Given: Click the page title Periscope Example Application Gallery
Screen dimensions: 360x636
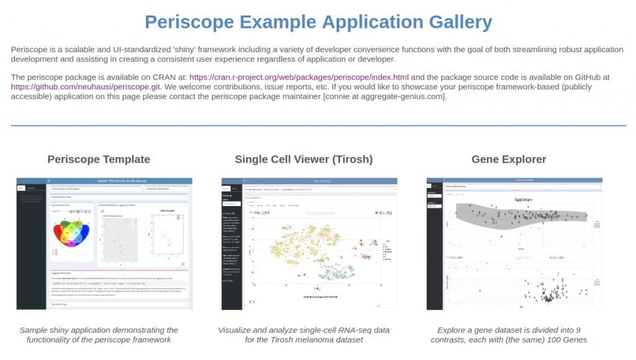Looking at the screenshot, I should tap(318, 22).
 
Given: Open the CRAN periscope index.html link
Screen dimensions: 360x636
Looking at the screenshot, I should tap(307, 77).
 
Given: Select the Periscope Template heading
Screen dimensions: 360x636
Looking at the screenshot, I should tap(99, 160).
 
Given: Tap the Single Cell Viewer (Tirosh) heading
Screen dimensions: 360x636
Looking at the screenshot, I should tap(304, 160).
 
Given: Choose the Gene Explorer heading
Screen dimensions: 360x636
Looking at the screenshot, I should tap(509, 160).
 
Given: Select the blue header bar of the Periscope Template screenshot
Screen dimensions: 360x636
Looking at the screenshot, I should tap(104, 181).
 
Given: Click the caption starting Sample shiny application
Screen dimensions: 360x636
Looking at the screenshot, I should tap(99, 335).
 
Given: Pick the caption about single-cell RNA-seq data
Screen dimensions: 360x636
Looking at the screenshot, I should tap(304, 335).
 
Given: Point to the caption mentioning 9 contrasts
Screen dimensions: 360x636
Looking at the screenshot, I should tap(509, 335).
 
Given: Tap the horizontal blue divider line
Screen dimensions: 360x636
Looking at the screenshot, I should tap(318, 125).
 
